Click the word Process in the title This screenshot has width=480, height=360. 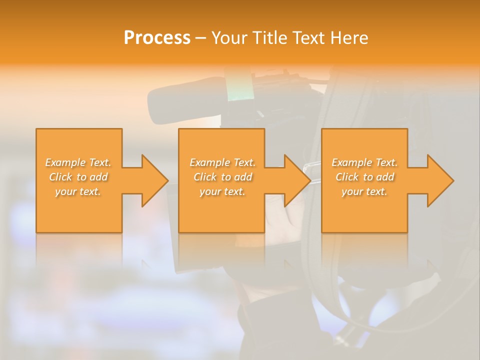click(157, 38)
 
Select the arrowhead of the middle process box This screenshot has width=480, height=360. click(297, 180)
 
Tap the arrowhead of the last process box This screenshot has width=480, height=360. click(439, 180)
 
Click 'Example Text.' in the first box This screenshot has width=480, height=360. click(78, 162)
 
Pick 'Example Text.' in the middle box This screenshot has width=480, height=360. click(222, 162)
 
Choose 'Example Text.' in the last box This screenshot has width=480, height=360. click(364, 162)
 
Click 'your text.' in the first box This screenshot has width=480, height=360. click(78, 191)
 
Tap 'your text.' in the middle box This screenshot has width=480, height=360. click(222, 191)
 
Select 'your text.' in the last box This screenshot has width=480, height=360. click(364, 191)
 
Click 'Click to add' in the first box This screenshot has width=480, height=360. click(78, 177)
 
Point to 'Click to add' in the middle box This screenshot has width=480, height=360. click(222, 177)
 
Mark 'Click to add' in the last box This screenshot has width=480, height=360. click(364, 177)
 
